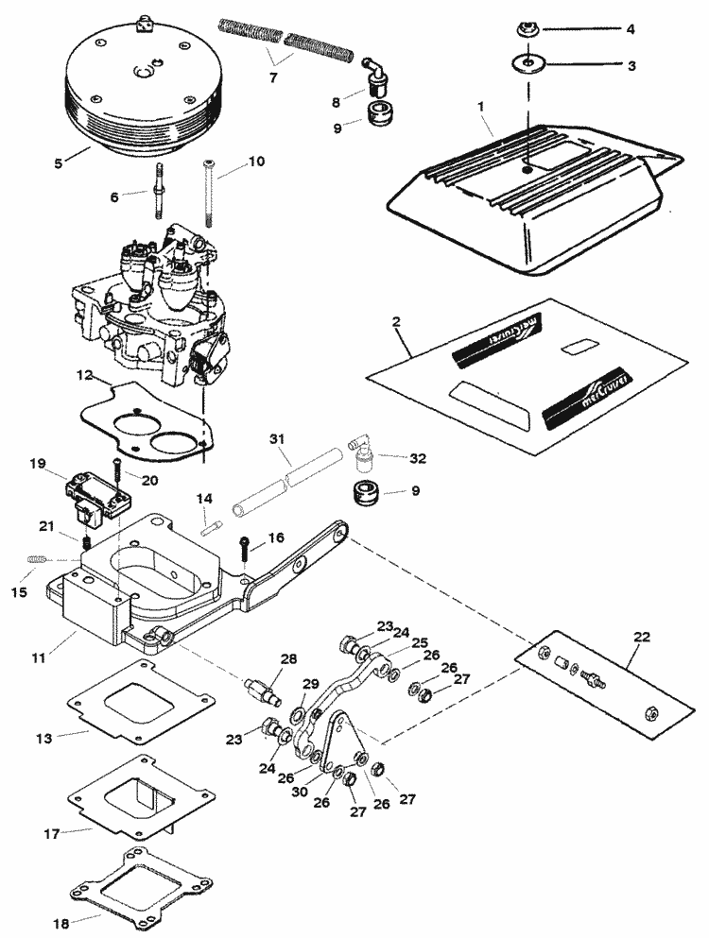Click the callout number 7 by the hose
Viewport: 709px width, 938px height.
(273, 77)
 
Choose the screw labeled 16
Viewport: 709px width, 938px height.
(246, 545)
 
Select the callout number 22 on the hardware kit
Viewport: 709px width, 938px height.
(643, 637)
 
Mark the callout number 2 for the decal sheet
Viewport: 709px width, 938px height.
(397, 322)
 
